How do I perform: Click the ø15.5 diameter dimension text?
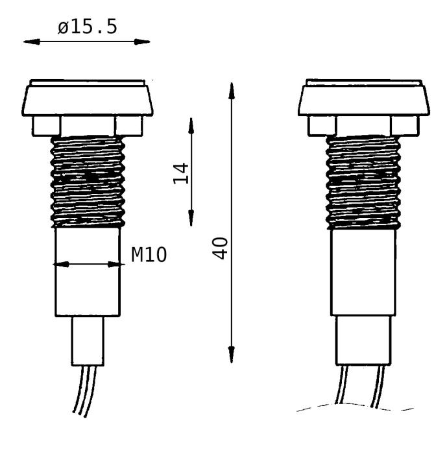click(x=86, y=29)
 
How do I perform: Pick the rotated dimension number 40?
click(x=222, y=247)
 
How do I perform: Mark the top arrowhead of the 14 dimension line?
click(x=191, y=123)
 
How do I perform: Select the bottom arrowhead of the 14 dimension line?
click(x=191, y=220)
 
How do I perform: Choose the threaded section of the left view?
click(x=88, y=182)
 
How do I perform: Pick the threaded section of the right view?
click(x=362, y=183)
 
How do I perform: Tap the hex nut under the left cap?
click(x=88, y=126)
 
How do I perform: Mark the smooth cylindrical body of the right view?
click(x=362, y=272)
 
